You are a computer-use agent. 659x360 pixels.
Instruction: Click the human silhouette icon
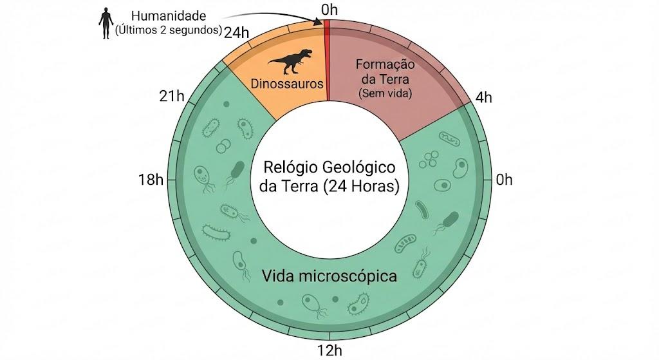coord(106,24)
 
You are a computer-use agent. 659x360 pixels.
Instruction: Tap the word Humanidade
coord(169,16)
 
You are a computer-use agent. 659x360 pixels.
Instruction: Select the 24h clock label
coord(236,33)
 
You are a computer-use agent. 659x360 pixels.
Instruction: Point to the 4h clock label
coord(484,98)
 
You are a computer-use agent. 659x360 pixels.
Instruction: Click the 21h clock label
coord(172,97)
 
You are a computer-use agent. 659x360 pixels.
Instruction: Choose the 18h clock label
coord(151,180)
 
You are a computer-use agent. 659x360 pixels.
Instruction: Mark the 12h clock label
coord(329,350)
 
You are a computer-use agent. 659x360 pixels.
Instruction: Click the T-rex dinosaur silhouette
coord(291,61)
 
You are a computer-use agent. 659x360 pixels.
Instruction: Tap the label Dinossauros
coord(287,84)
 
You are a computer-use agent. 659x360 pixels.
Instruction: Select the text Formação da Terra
coord(385,71)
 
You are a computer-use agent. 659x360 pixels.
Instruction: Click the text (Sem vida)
coord(385,93)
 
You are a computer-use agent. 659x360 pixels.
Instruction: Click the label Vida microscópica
coord(329,276)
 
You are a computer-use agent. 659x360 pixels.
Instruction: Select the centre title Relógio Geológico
coord(329,167)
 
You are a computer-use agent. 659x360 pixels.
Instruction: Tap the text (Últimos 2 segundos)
coord(169,30)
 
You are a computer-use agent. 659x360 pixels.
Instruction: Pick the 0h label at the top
coord(329,10)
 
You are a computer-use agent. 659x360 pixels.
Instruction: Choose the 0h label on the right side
coord(505,180)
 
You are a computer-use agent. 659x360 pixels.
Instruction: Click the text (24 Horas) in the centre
coord(362,186)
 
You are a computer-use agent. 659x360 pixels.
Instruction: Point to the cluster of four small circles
coord(429,160)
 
